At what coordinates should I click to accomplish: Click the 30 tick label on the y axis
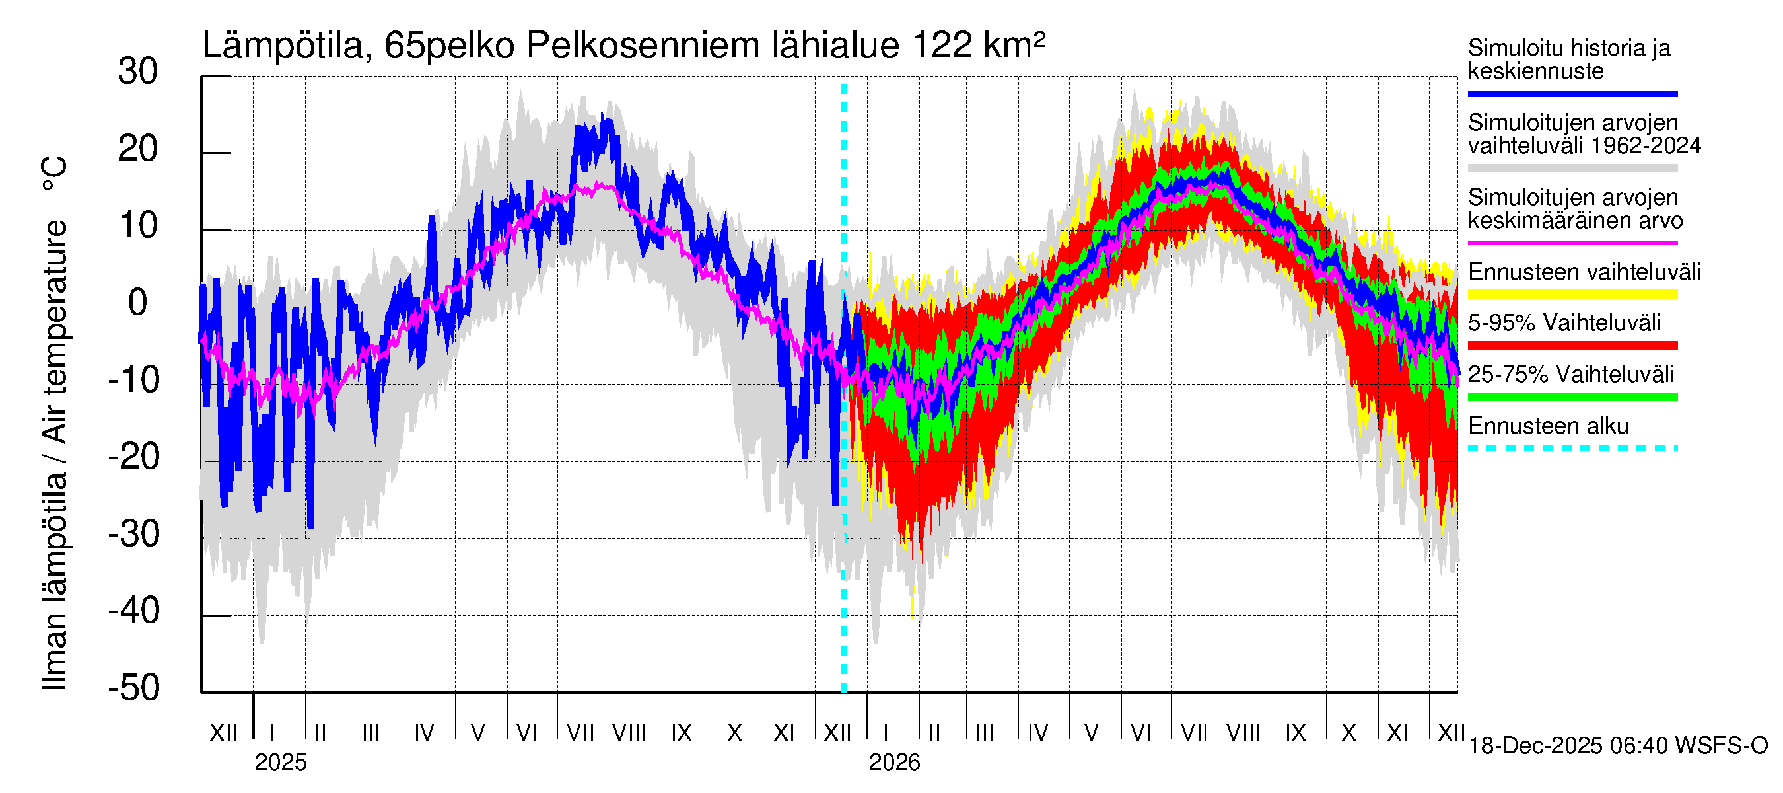138,72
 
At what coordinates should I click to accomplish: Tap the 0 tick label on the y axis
138,303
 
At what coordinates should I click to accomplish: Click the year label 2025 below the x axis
280,763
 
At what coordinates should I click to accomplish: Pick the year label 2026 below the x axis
894,763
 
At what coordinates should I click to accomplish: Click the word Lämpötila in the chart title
283,46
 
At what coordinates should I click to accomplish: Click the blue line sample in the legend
1572,93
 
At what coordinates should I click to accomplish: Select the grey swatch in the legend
1572,169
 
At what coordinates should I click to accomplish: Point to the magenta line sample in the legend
1572,243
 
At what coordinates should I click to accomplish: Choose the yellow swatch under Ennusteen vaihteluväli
1572,294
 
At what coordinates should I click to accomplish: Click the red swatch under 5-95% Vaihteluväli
1572,346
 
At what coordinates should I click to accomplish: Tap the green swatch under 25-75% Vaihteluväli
1572,397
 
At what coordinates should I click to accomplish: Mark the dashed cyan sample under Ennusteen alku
1572,448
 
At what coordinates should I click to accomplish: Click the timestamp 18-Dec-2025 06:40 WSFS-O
1617,746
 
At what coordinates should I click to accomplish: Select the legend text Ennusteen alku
1548,426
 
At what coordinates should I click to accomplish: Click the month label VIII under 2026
1243,732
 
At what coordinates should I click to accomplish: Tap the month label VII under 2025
580,732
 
